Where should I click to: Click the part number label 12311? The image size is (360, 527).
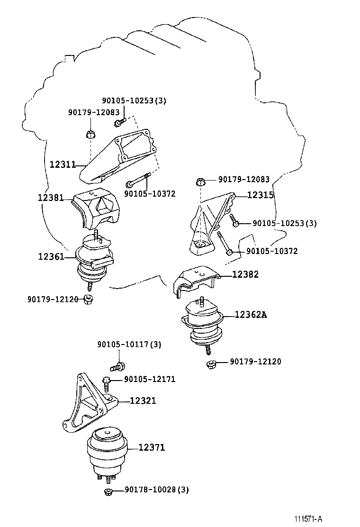tap(63, 165)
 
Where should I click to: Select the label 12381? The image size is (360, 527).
tap(51, 198)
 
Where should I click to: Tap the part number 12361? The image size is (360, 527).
tap(51, 256)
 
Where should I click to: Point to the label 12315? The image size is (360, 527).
tap(260, 195)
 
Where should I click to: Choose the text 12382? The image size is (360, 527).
tap(245, 274)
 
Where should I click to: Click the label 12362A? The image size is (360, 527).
tap(251, 315)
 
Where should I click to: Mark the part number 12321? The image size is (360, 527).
tap(143, 400)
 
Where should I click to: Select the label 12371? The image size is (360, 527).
tap(152, 447)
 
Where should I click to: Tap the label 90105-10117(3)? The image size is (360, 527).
tap(129, 345)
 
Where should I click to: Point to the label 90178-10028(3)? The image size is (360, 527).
tap(157, 490)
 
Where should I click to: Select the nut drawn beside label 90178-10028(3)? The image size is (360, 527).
tap(108, 491)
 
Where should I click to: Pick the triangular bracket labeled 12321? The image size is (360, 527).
tap(88, 405)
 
